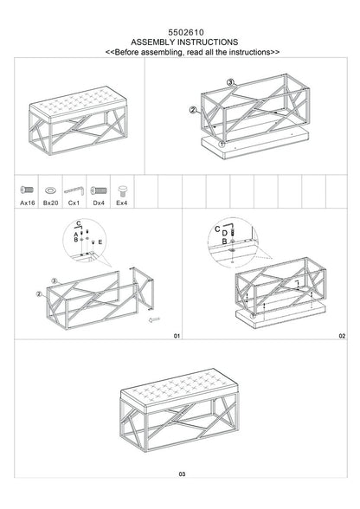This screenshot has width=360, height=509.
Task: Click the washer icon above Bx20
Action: pyautogui.click(x=50, y=188)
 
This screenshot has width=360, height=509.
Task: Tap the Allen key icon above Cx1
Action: pyautogui.click(x=74, y=188)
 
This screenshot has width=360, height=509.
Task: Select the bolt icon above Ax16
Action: pyautogui.click(x=27, y=188)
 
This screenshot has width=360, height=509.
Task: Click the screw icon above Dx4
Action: pyautogui.click(x=98, y=188)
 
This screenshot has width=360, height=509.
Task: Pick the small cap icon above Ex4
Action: pyautogui.click(x=121, y=188)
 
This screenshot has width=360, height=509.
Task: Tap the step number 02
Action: pyautogui.click(x=342, y=334)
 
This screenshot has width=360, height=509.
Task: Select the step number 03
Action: pyautogui.click(x=181, y=498)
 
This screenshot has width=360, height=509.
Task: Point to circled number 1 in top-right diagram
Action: pyautogui.click(x=222, y=144)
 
